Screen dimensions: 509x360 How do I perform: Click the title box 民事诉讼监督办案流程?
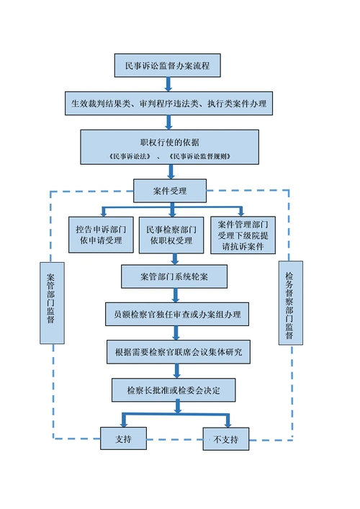click(167, 66)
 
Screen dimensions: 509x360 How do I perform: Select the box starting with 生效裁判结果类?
click(168, 104)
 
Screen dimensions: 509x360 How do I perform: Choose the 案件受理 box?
click(170, 191)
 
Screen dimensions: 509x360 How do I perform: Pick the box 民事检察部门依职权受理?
click(170, 234)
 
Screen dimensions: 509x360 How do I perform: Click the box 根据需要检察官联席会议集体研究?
click(174, 352)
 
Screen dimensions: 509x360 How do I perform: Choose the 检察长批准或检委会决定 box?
click(174, 390)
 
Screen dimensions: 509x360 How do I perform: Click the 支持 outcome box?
click(124, 438)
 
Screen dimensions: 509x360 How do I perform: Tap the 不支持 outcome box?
click(226, 438)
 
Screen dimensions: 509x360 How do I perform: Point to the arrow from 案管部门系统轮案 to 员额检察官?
click(175, 294)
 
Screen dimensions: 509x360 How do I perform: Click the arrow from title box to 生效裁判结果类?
click(169, 84)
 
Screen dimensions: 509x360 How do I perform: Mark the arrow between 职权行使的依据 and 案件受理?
click(171, 171)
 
